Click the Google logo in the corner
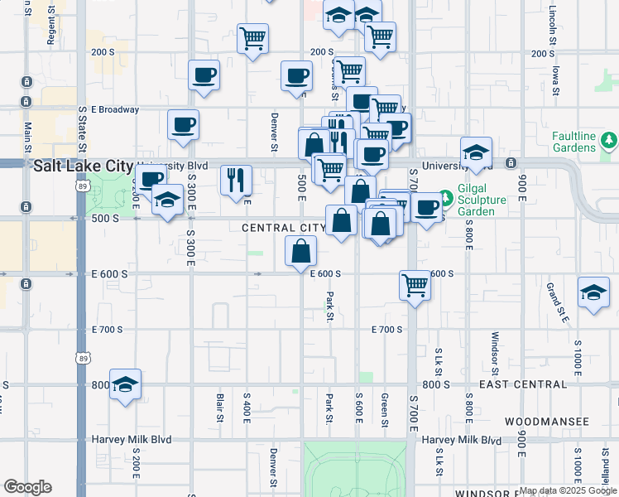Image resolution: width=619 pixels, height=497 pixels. click(27, 487)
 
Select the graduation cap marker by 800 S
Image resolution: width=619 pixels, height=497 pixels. click(125, 384)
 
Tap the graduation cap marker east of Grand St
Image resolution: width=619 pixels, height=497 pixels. click(593, 292)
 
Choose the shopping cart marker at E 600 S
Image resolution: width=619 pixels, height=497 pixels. click(415, 287)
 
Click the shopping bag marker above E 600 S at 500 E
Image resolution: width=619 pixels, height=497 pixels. click(301, 251)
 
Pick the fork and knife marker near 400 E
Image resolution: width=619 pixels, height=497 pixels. click(236, 178)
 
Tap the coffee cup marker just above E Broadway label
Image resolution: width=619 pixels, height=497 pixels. click(204, 76)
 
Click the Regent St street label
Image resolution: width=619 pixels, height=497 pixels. click(51, 23)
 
